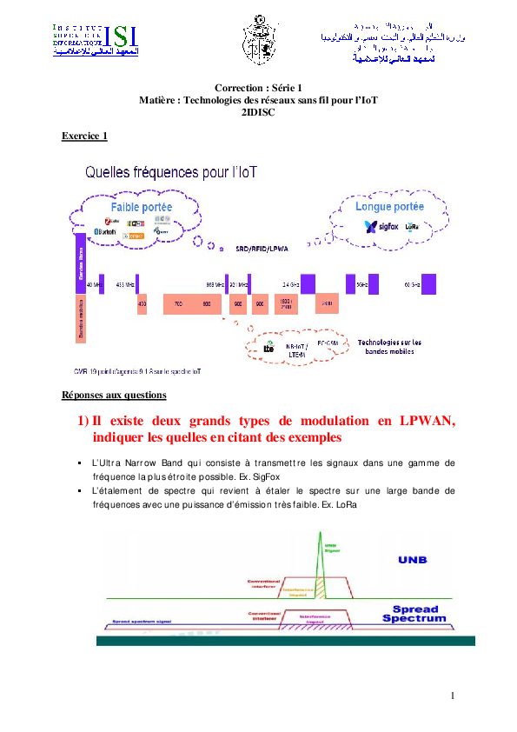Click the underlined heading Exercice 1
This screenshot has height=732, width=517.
(x=84, y=136)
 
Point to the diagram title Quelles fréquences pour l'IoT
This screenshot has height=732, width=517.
(x=176, y=172)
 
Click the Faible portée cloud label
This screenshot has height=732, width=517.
(x=141, y=208)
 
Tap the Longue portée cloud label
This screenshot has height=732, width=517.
(x=389, y=207)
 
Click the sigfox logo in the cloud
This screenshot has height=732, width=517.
(x=381, y=227)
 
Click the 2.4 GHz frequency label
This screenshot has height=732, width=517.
(x=290, y=284)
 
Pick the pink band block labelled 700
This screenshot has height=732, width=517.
(x=177, y=304)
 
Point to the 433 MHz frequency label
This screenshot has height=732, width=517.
(x=125, y=284)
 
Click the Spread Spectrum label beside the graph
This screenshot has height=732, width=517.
(x=414, y=614)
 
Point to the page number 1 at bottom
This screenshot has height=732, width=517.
(x=454, y=695)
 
